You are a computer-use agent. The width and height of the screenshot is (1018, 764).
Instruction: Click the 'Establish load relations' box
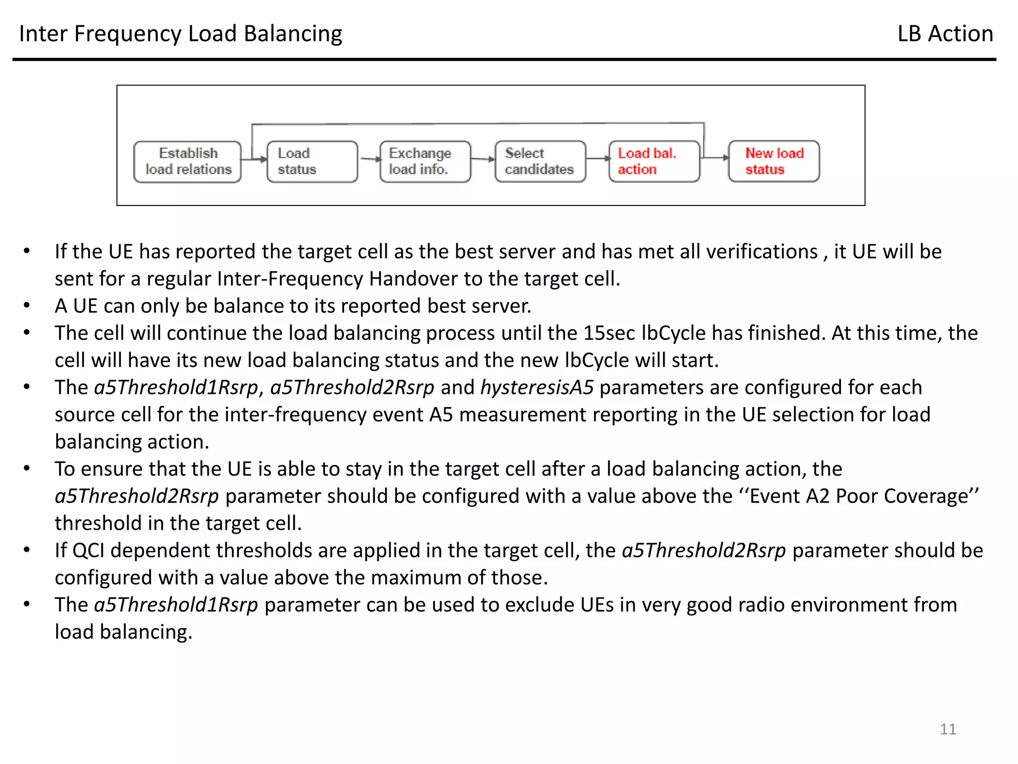coord(187,162)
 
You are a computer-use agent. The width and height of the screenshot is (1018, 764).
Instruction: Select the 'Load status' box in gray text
coord(312,162)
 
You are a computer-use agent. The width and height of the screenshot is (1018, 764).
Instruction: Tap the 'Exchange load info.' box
coord(425,162)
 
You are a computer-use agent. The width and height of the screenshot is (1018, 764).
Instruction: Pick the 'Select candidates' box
coord(540,162)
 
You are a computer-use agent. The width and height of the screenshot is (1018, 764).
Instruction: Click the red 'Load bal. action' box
coord(654,162)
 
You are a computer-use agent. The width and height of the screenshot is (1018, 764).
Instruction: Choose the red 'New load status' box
coord(774,162)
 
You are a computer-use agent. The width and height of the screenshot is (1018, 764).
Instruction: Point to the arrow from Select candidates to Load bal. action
coord(598,159)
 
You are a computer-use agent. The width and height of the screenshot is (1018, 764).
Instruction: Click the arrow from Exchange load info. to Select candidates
coord(483,159)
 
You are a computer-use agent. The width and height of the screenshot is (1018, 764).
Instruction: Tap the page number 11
coord(947,729)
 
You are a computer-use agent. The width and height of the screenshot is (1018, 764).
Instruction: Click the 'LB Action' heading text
coord(945,34)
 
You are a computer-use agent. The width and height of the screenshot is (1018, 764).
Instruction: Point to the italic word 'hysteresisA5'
coord(537,387)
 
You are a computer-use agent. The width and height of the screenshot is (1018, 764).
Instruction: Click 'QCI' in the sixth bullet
coord(88,551)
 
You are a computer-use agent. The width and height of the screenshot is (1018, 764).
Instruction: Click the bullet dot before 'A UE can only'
coord(27,305)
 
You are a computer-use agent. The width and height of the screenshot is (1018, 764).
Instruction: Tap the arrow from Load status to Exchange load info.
coord(369,159)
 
